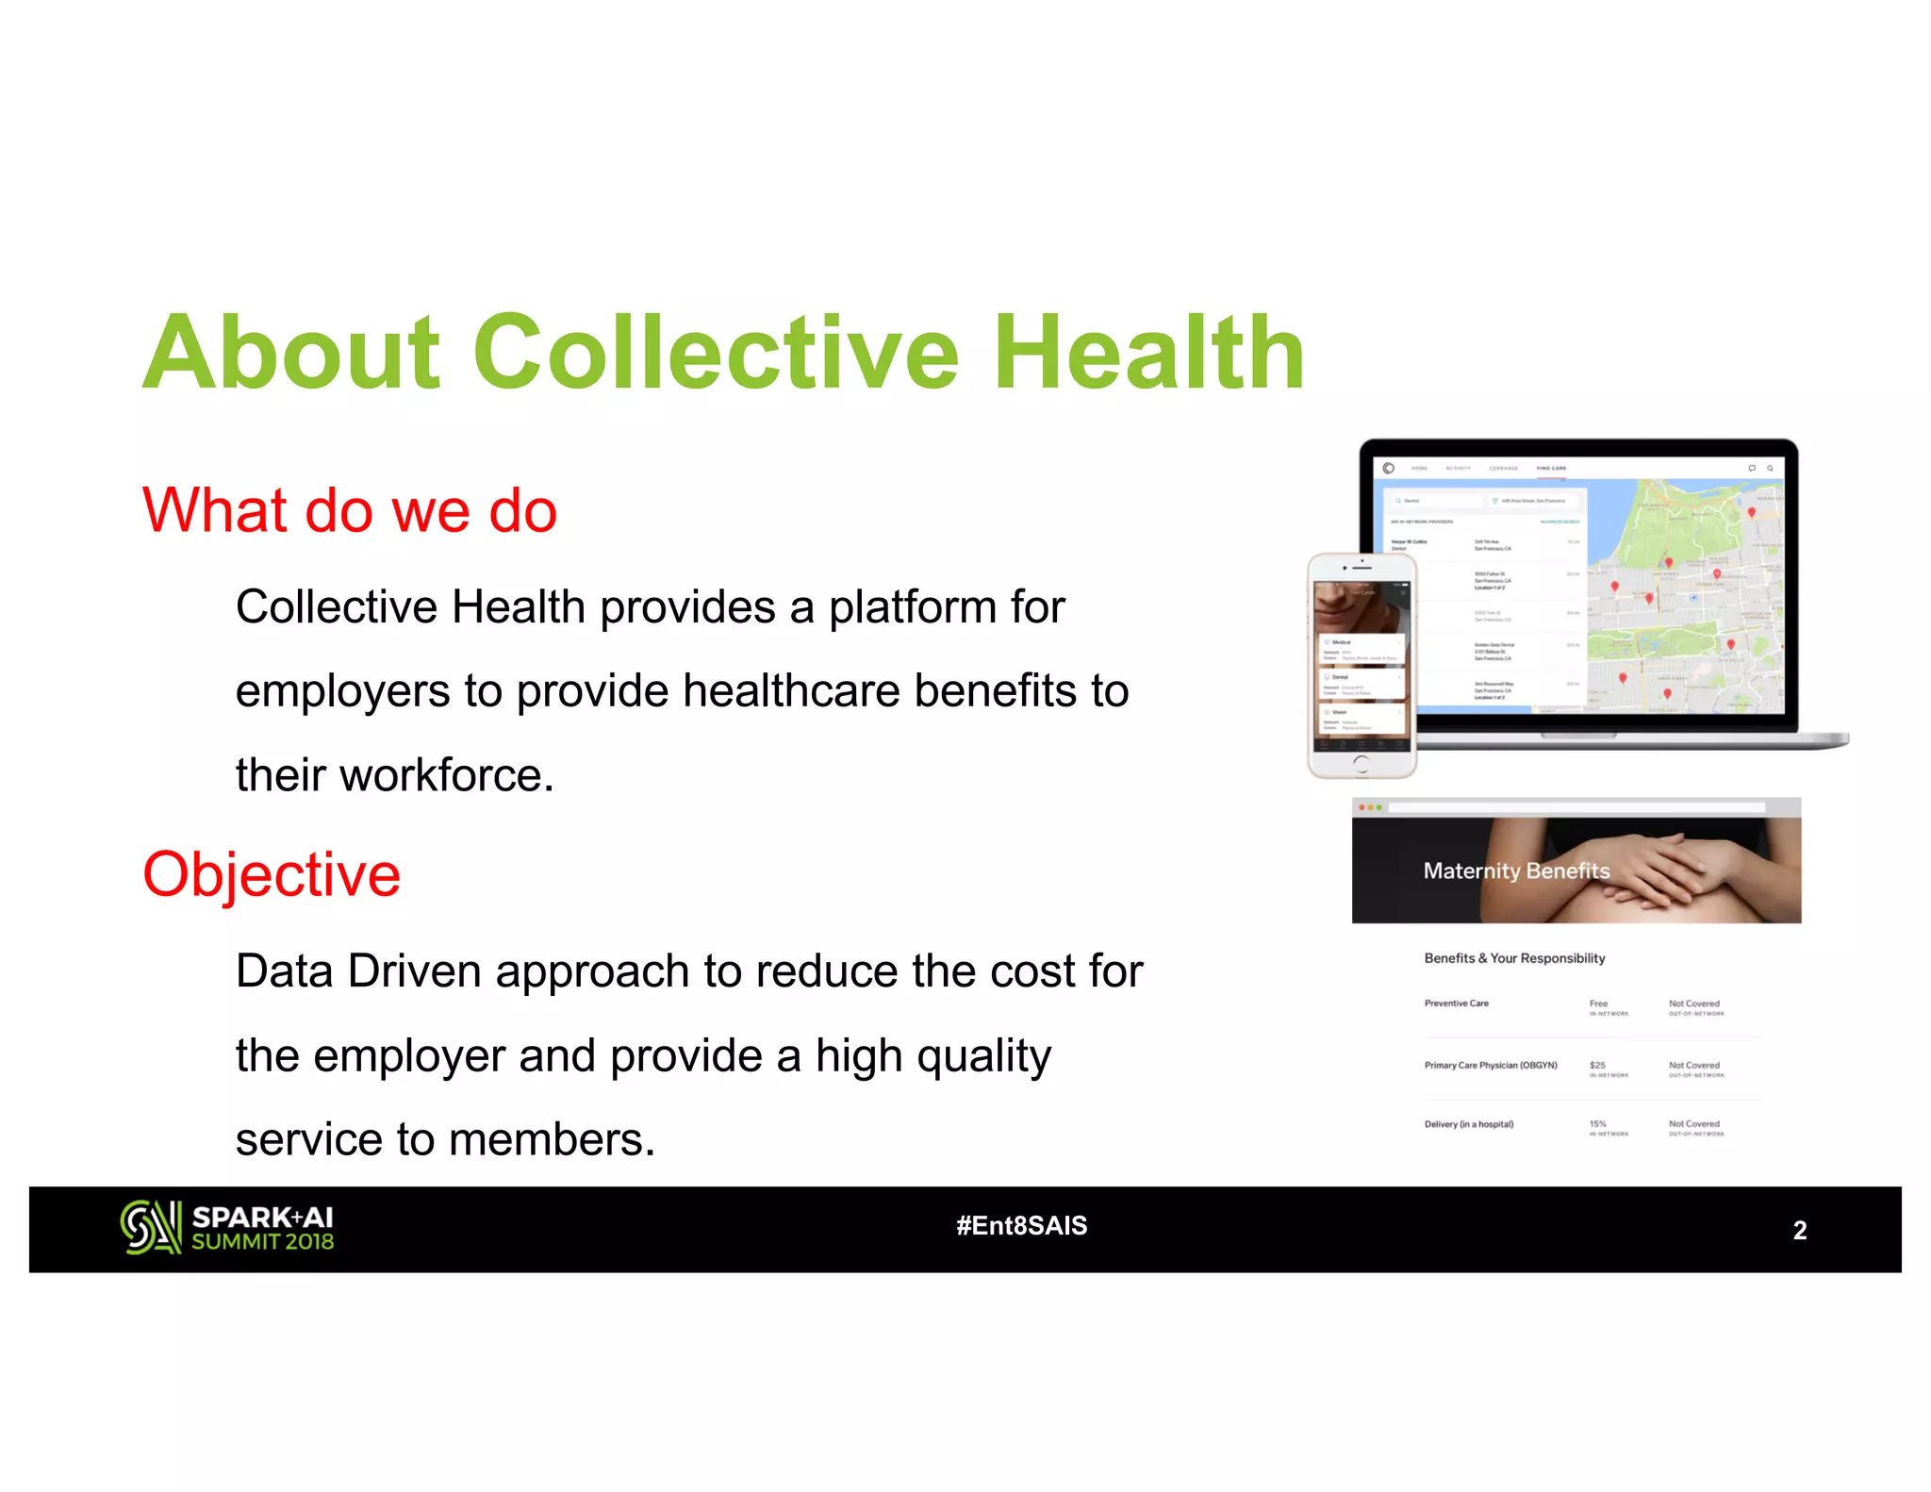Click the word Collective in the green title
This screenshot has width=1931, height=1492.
pyautogui.click(x=715, y=353)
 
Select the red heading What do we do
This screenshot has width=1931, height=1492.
pyautogui.click(x=350, y=510)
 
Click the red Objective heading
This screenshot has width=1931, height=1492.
pyautogui.click(x=272, y=874)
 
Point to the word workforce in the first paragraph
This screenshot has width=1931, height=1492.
pyautogui.click(x=446, y=775)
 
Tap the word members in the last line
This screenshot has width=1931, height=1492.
pyautogui.click(x=551, y=1139)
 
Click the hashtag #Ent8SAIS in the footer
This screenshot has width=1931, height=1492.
pyautogui.click(x=1021, y=1225)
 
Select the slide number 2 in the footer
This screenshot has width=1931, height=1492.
pyautogui.click(x=1799, y=1230)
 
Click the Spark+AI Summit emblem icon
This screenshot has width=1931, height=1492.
pyautogui.click(x=150, y=1227)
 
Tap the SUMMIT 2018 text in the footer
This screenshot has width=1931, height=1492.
pyautogui.click(x=262, y=1242)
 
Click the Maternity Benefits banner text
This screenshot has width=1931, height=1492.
pyautogui.click(x=1516, y=870)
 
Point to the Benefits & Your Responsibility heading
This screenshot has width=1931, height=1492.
pyautogui.click(x=1514, y=958)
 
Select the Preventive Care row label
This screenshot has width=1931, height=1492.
pyautogui.click(x=1456, y=1003)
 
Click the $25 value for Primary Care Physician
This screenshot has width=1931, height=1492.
pyautogui.click(x=1597, y=1066)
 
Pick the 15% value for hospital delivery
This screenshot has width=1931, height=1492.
pyautogui.click(x=1597, y=1124)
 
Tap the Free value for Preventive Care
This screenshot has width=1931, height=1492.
pyautogui.click(x=1598, y=1003)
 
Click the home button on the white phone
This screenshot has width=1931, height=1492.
pyautogui.click(x=1361, y=763)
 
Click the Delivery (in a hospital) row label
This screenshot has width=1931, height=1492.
pyautogui.click(x=1468, y=1124)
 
